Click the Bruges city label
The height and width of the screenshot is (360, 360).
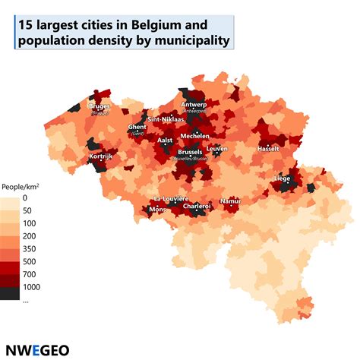click(x=99, y=107)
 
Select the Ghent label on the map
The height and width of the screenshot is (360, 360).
click(x=137, y=127)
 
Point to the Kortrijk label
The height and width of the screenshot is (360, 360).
click(x=101, y=157)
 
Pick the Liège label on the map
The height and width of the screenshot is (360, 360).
click(x=282, y=178)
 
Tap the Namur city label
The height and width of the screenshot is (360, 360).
click(x=230, y=201)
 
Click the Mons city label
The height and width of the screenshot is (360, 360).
click(x=157, y=209)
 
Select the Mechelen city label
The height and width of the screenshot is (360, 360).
click(x=194, y=137)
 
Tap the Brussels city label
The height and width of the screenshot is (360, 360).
click(x=190, y=152)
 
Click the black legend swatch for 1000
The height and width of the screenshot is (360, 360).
click(x=11, y=287)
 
